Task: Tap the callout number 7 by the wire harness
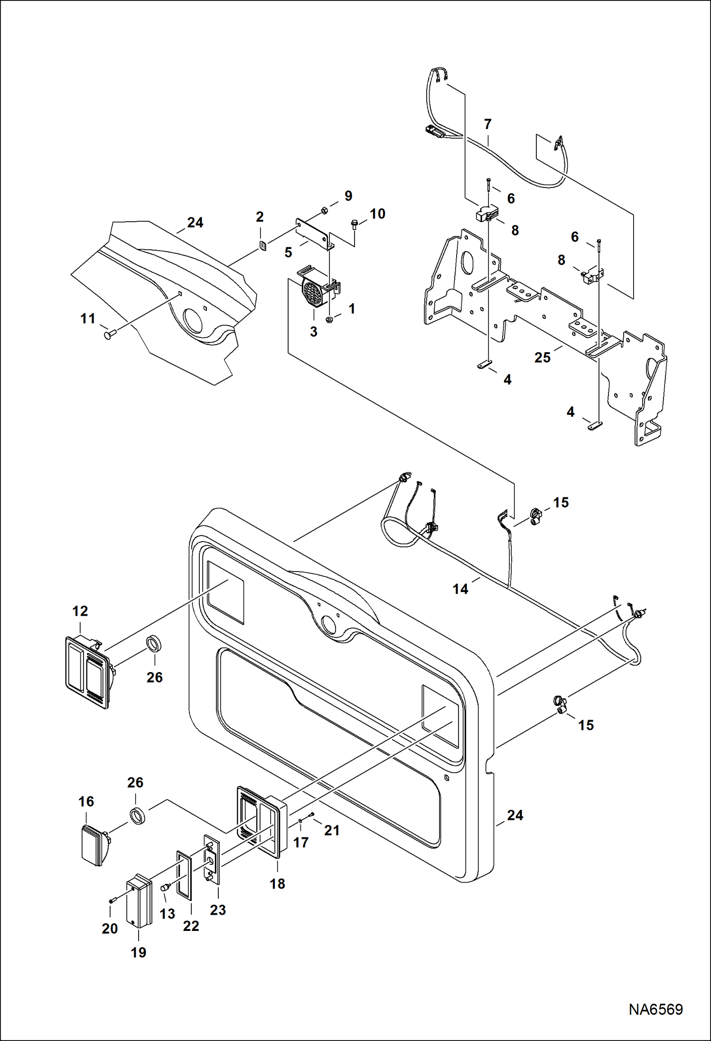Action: [487, 124]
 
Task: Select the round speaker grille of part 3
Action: [312, 294]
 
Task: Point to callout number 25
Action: [543, 358]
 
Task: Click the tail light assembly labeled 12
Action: [88, 672]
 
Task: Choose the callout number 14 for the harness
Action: [460, 589]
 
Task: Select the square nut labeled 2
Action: [262, 245]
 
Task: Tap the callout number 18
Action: [278, 884]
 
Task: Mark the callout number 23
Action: [218, 910]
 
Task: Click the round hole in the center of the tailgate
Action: [327, 622]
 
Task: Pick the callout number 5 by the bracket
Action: [288, 253]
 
